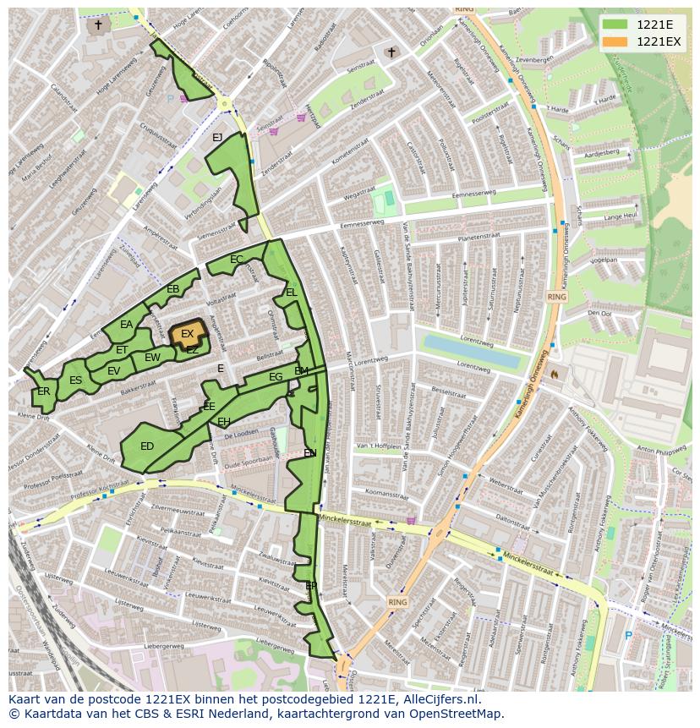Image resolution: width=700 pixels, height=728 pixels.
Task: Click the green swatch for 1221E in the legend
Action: pos(615,25)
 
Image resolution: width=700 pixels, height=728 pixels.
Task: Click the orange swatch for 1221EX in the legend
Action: pos(615,41)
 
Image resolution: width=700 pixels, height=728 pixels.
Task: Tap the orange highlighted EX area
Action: pos(187,334)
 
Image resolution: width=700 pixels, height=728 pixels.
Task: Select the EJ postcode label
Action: pos(217,138)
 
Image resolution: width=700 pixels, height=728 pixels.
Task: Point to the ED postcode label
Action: pos(147,446)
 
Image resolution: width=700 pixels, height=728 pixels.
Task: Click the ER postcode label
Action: pos(43,391)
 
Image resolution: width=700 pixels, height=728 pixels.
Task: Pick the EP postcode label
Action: pos(311,585)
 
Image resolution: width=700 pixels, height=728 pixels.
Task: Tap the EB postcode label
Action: pos(172,289)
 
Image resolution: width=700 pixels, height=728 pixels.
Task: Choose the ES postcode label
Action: pos(75,380)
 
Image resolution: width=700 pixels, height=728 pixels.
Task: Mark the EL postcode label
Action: pos(291,293)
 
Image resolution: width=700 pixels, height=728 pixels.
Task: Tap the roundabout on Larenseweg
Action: pos(225,104)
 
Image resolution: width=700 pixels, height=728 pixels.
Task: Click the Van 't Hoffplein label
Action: pos(378,446)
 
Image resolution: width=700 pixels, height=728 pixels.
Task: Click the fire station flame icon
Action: pos(555,373)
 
